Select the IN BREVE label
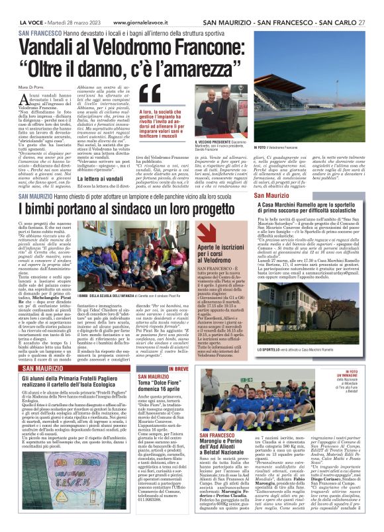pyautogui.click(x=178, y=369)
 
